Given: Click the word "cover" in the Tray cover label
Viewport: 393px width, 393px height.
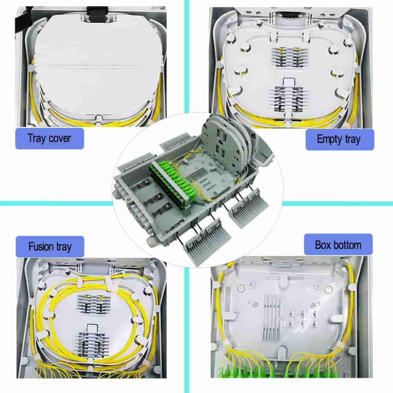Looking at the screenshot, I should coord(61,138).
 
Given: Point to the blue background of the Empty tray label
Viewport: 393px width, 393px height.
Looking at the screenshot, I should coord(365,139).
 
